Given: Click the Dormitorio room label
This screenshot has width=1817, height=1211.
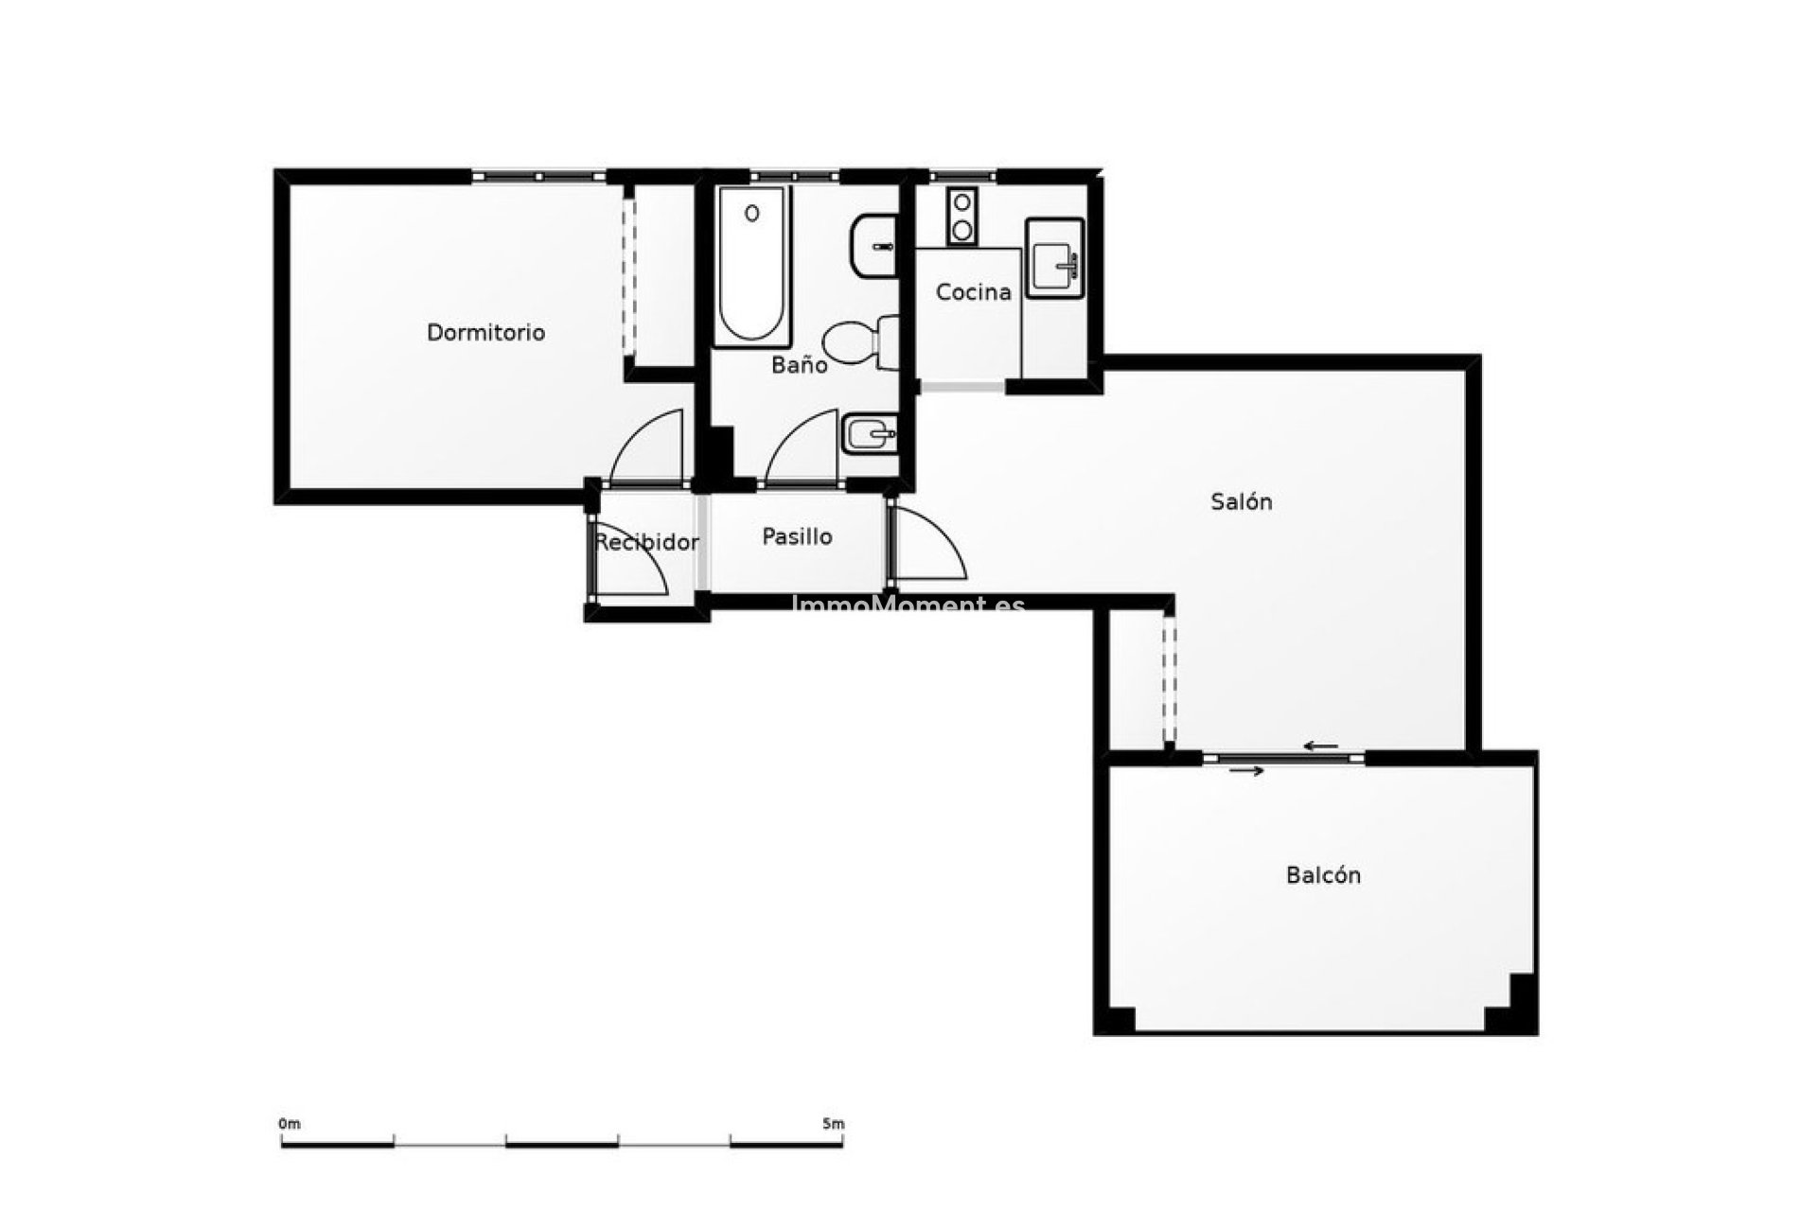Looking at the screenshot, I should point(485,333).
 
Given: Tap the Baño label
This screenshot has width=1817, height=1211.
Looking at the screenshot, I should point(799,365).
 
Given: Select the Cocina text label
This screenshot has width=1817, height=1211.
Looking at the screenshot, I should point(973,292).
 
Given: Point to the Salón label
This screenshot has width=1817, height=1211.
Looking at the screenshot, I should point(1241,501).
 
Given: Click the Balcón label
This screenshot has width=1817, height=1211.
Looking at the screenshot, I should point(1323,875).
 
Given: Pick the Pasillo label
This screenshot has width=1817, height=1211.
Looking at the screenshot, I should point(797,537).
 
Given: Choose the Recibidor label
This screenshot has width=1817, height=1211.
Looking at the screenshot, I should point(646,542).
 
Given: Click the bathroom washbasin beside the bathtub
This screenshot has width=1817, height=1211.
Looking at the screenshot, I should point(873,246).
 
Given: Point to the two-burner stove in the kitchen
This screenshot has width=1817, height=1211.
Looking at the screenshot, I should point(962,217).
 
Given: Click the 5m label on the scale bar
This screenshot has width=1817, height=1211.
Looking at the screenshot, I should point(833,1124).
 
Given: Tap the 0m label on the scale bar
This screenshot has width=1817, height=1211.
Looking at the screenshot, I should point(289,1124).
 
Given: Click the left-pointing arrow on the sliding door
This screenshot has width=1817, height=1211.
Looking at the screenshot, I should point(1320,746).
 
